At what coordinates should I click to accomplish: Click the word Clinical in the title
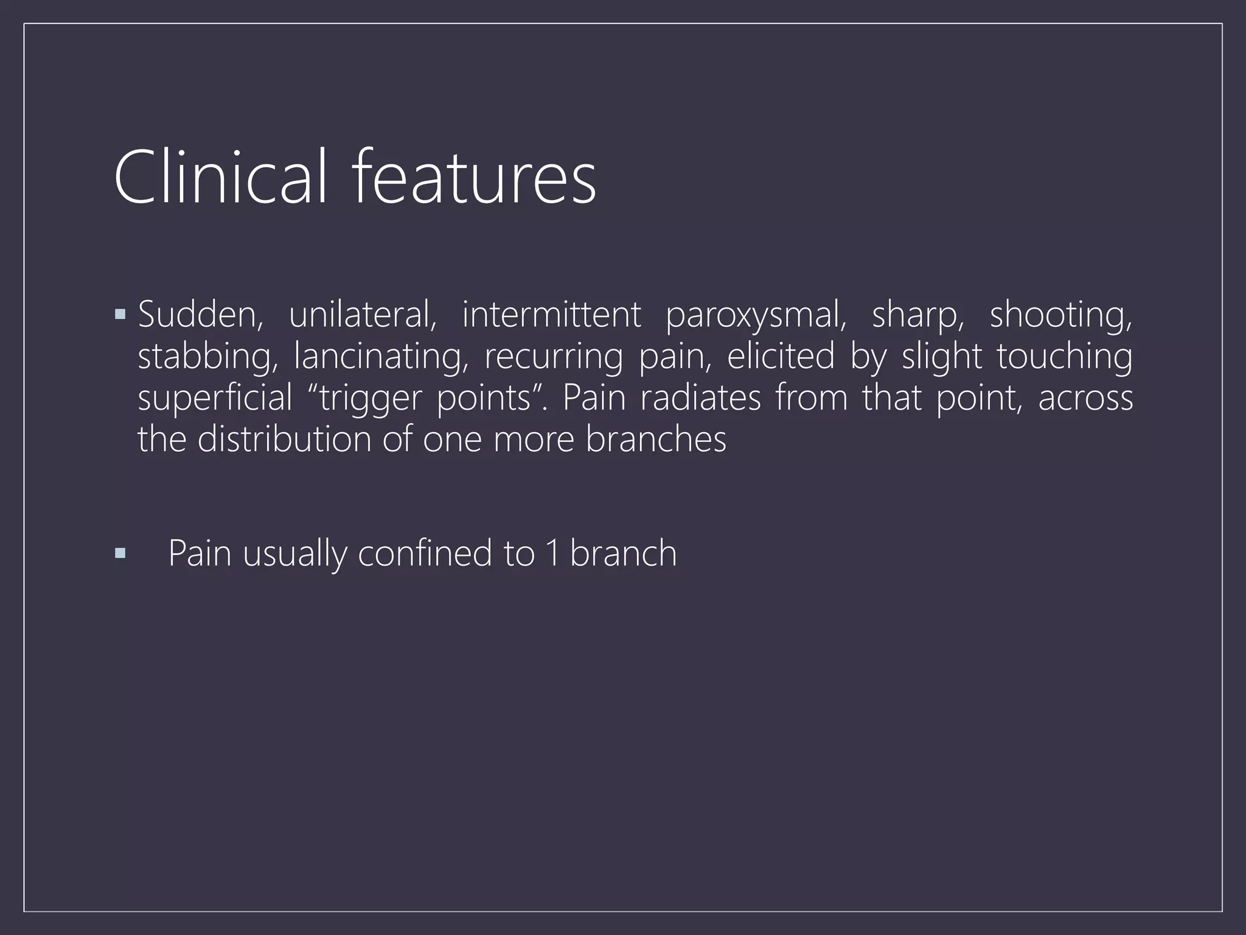pyautogui.click(x=221, y=177)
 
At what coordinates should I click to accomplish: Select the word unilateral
pyautogui.click(x=363, y=315)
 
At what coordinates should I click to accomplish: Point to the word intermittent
pyautogui.click(x=551, y=315)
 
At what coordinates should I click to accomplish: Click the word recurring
pyautogui.click(x=554, y=358)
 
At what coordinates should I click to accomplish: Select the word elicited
pyautogui.click(x=781, y=357)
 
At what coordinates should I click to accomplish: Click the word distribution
pyautogui.click(x=284, y=439)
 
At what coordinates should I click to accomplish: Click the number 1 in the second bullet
pyautogui.click(x=552, y=554)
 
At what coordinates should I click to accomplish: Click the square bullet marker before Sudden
pyautogui.click(x=120, y=315)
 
